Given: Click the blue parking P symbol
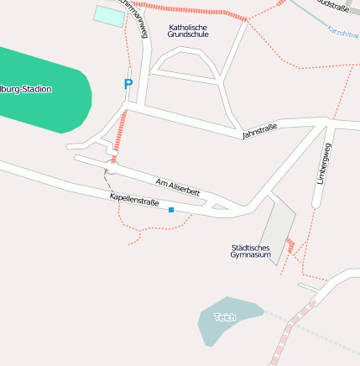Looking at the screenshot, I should (x=128, y=84).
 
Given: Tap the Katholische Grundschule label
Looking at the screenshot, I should (x=187, y=31).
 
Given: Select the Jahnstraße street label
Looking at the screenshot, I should (x=259, y=132).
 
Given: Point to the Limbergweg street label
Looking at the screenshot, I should (x=324, y=164).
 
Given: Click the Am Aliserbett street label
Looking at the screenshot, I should (x=178, y=187).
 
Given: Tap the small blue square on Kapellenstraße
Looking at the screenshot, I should (x=171, y=210).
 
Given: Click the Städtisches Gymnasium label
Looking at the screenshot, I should (x=251, y=250).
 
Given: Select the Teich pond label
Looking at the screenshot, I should (x=225, y=317).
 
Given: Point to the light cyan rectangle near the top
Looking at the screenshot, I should (x=108, y=15).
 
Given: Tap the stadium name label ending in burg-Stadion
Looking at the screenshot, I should (x=25, y=89).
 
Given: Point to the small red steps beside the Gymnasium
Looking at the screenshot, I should (x=290, y=245).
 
